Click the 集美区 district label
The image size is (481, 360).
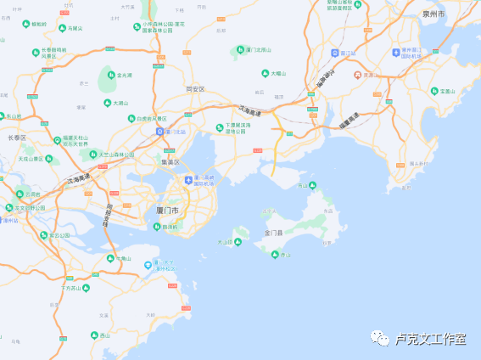(172, 161)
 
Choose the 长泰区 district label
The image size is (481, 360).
(17, 137)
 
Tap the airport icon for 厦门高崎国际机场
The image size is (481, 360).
(189, 179)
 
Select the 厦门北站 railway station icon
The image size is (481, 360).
(159, 132)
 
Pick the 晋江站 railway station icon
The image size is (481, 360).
(335, 53)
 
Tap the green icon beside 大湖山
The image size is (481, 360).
(108, 103)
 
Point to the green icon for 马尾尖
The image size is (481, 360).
(63, 28)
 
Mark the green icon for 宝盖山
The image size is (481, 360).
(433, 91)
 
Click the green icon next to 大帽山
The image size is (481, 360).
(265, 74)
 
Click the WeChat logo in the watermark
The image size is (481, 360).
(379, 339)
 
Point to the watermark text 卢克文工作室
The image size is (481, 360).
(429, 339)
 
